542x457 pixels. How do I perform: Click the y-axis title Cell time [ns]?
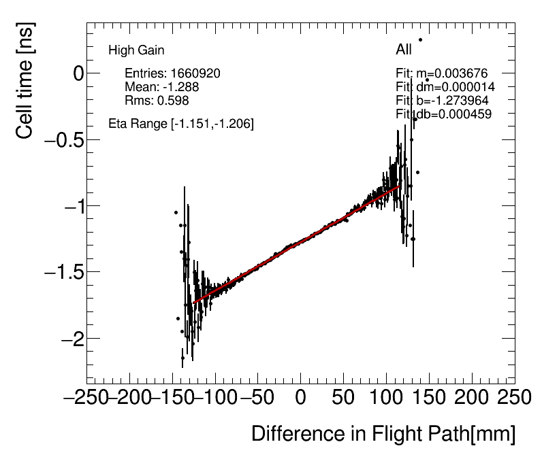coord(25,81)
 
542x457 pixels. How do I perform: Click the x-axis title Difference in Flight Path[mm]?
coord(383,434)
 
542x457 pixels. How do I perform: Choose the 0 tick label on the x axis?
coord(300,397)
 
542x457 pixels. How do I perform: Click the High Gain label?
coord(136,50)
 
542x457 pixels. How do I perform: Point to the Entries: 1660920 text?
coord(172,73)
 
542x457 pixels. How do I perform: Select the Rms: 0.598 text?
coord(157,101)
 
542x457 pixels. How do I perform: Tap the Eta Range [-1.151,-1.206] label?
coord(181,124)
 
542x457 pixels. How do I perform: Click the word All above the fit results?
coord(404,50)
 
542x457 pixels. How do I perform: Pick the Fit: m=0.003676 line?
coord(442,73)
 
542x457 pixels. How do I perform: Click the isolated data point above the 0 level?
coord(420,39)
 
